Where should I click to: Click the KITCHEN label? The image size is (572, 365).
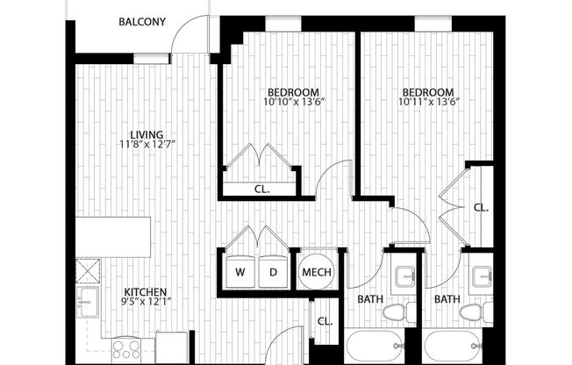(146, 293)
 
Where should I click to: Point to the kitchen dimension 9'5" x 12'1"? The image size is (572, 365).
(146, 304)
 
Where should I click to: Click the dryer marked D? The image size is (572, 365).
(273, 272)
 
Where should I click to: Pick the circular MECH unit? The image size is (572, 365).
(316, 272)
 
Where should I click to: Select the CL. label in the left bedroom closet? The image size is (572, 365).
(261, 189)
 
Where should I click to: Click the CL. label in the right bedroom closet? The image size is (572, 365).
(480, 208)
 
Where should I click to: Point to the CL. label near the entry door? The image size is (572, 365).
(325, 321)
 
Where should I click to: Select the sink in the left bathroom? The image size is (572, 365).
(405, 279)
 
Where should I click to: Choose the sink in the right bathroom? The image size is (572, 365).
(481, 279)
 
